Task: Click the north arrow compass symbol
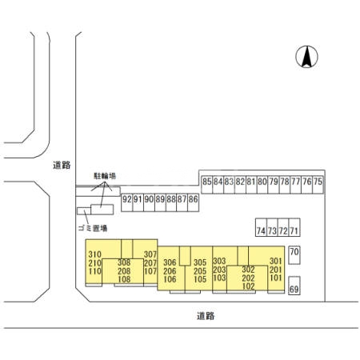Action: (306, 57)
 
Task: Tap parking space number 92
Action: (127, 202)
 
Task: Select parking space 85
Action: (206, 185)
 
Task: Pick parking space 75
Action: (318, 185)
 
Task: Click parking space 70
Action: (294, 255)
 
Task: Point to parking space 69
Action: (294, 286)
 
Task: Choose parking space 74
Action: (261, 227)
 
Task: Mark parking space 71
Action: (294, 227)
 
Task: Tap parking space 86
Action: (193, 202)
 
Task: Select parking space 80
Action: (262, 185)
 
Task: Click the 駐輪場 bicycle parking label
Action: (105, 176)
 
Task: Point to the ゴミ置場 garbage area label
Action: (93, 228)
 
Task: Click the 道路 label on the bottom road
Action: (206, 316)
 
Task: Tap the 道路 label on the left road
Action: (62, 166)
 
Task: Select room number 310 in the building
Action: (94, 254)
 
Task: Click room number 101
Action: (276, 278)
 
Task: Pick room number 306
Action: (170, 262)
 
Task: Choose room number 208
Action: (124, 271)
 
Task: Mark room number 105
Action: (200, 279)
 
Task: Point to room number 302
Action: (248, 270)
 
